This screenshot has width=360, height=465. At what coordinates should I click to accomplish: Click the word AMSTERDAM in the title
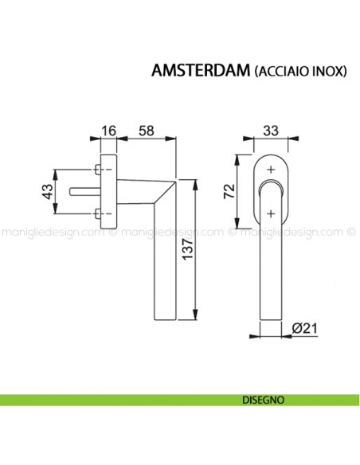[200, 70]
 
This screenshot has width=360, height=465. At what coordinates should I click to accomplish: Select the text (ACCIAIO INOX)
[299, 71]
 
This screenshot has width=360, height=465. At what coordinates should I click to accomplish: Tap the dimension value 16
[109, 130]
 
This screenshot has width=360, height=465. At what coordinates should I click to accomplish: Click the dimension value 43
[46, 191]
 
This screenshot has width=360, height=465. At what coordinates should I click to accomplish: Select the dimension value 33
[271, 130]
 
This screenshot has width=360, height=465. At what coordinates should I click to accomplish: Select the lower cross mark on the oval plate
[271, 212]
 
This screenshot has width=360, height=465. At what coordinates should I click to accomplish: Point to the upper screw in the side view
[97, 170]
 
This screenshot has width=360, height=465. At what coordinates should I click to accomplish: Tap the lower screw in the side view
[97, 212]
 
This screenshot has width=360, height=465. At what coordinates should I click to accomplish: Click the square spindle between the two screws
[86, 191]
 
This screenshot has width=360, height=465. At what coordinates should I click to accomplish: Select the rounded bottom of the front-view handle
[271, 315]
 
